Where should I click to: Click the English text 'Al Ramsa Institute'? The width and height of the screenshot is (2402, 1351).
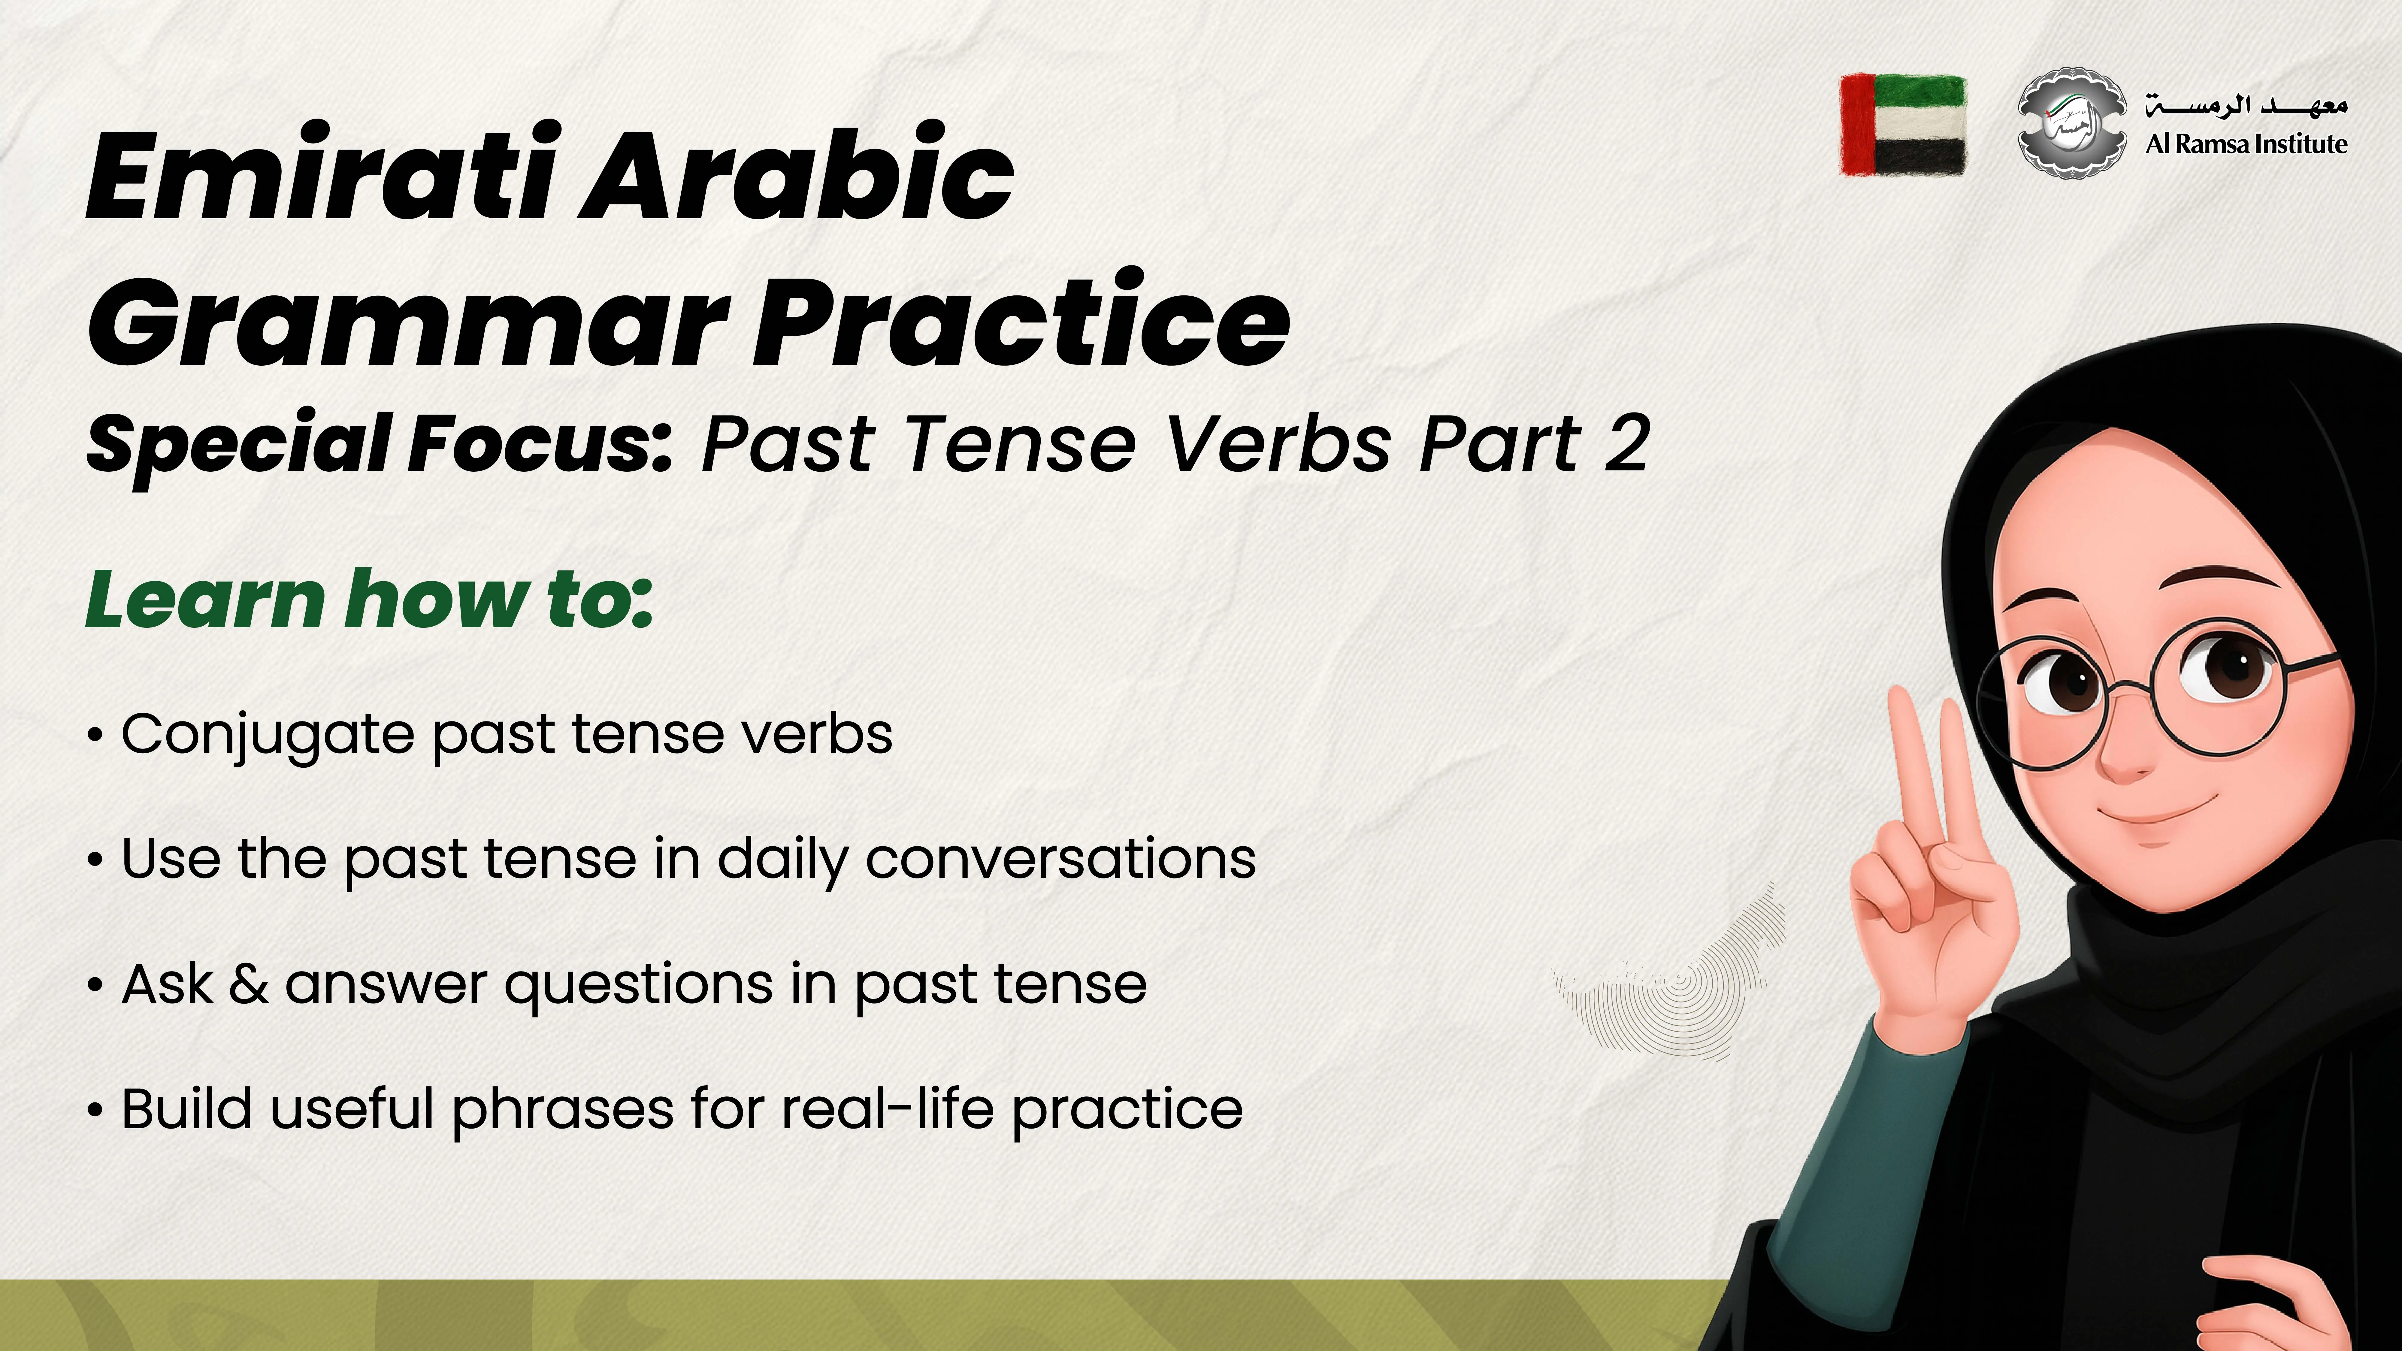pyautogui.click(x=2245, y=144)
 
